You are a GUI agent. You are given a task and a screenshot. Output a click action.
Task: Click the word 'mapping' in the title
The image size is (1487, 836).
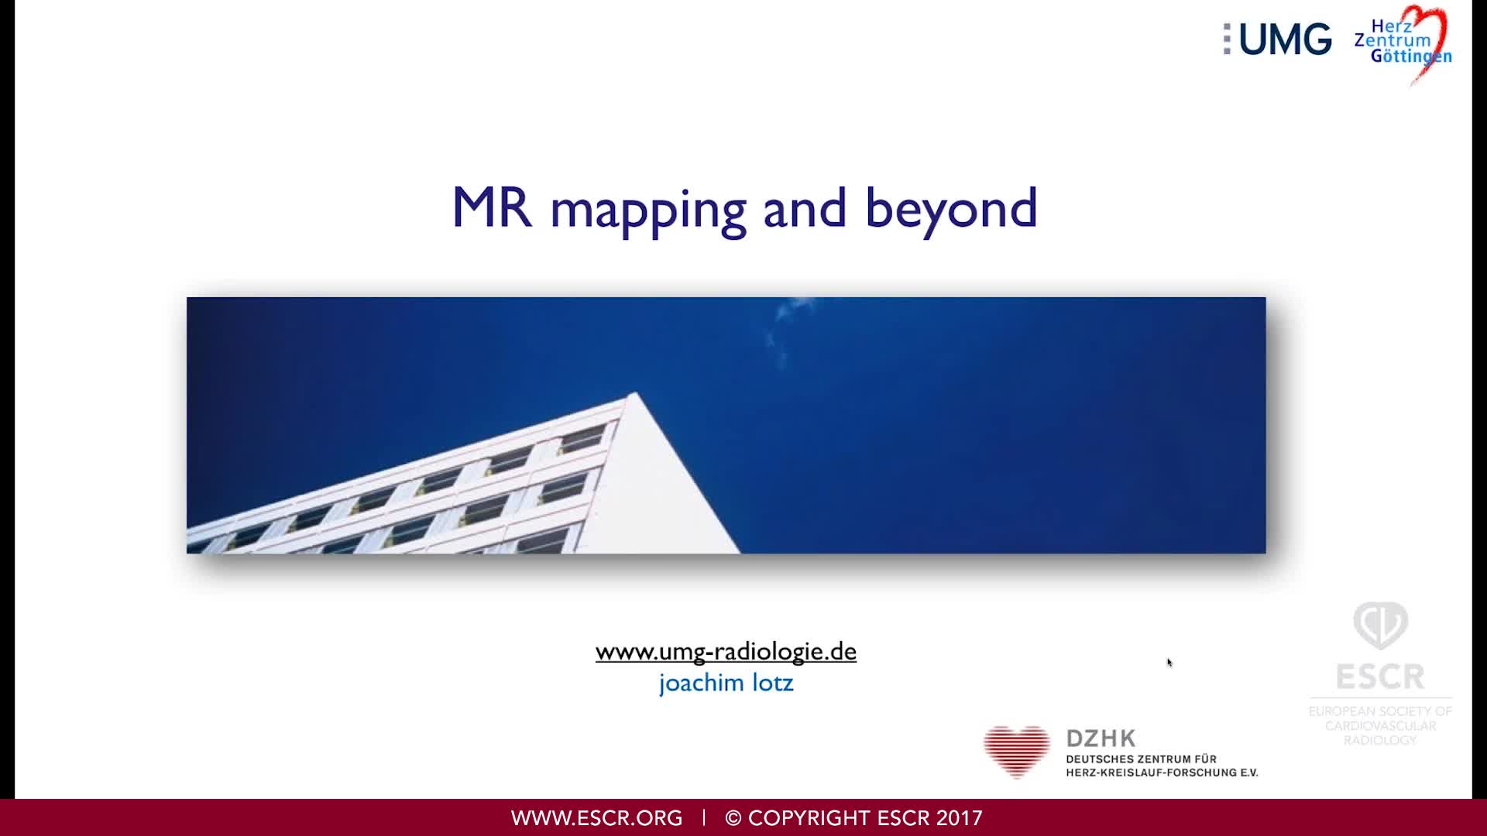tap(647, 209)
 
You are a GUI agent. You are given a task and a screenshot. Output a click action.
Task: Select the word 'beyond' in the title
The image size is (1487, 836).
tap(950, 209)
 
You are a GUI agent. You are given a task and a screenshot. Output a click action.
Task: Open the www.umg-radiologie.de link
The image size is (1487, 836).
tap(726, 651)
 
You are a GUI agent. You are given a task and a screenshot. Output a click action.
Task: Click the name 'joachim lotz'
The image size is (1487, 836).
tap(726, 683)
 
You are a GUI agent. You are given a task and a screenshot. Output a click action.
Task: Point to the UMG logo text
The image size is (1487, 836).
tap(1284, 39)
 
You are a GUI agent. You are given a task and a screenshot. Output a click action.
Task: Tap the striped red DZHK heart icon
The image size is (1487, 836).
tap(1016, 751)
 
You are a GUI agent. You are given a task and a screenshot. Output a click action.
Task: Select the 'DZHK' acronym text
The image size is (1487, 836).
tap(1101, 738)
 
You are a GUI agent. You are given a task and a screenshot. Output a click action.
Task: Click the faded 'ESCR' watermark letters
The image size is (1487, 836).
tap(1380, 677)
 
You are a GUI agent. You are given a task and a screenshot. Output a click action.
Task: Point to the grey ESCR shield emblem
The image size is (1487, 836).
tap(1380, 625)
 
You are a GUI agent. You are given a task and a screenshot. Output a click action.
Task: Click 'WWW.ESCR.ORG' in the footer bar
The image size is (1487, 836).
tap(596, 818)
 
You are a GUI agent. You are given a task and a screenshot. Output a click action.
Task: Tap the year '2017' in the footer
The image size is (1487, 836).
tap(959, 818)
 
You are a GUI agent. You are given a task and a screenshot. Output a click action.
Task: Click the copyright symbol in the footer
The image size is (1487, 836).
tap(733, 818)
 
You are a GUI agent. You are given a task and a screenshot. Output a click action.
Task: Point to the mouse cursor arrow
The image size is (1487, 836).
tap(1169, 662)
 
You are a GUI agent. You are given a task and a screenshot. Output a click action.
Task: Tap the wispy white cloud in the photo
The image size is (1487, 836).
tap(782, 333)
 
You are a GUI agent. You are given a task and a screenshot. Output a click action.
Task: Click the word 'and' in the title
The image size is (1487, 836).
tap(805, 209)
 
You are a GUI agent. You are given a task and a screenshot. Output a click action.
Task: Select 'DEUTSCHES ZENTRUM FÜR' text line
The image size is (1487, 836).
tap(1141, 759)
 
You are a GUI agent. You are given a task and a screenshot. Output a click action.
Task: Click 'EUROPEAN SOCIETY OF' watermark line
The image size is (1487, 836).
tap(1380, 711)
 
